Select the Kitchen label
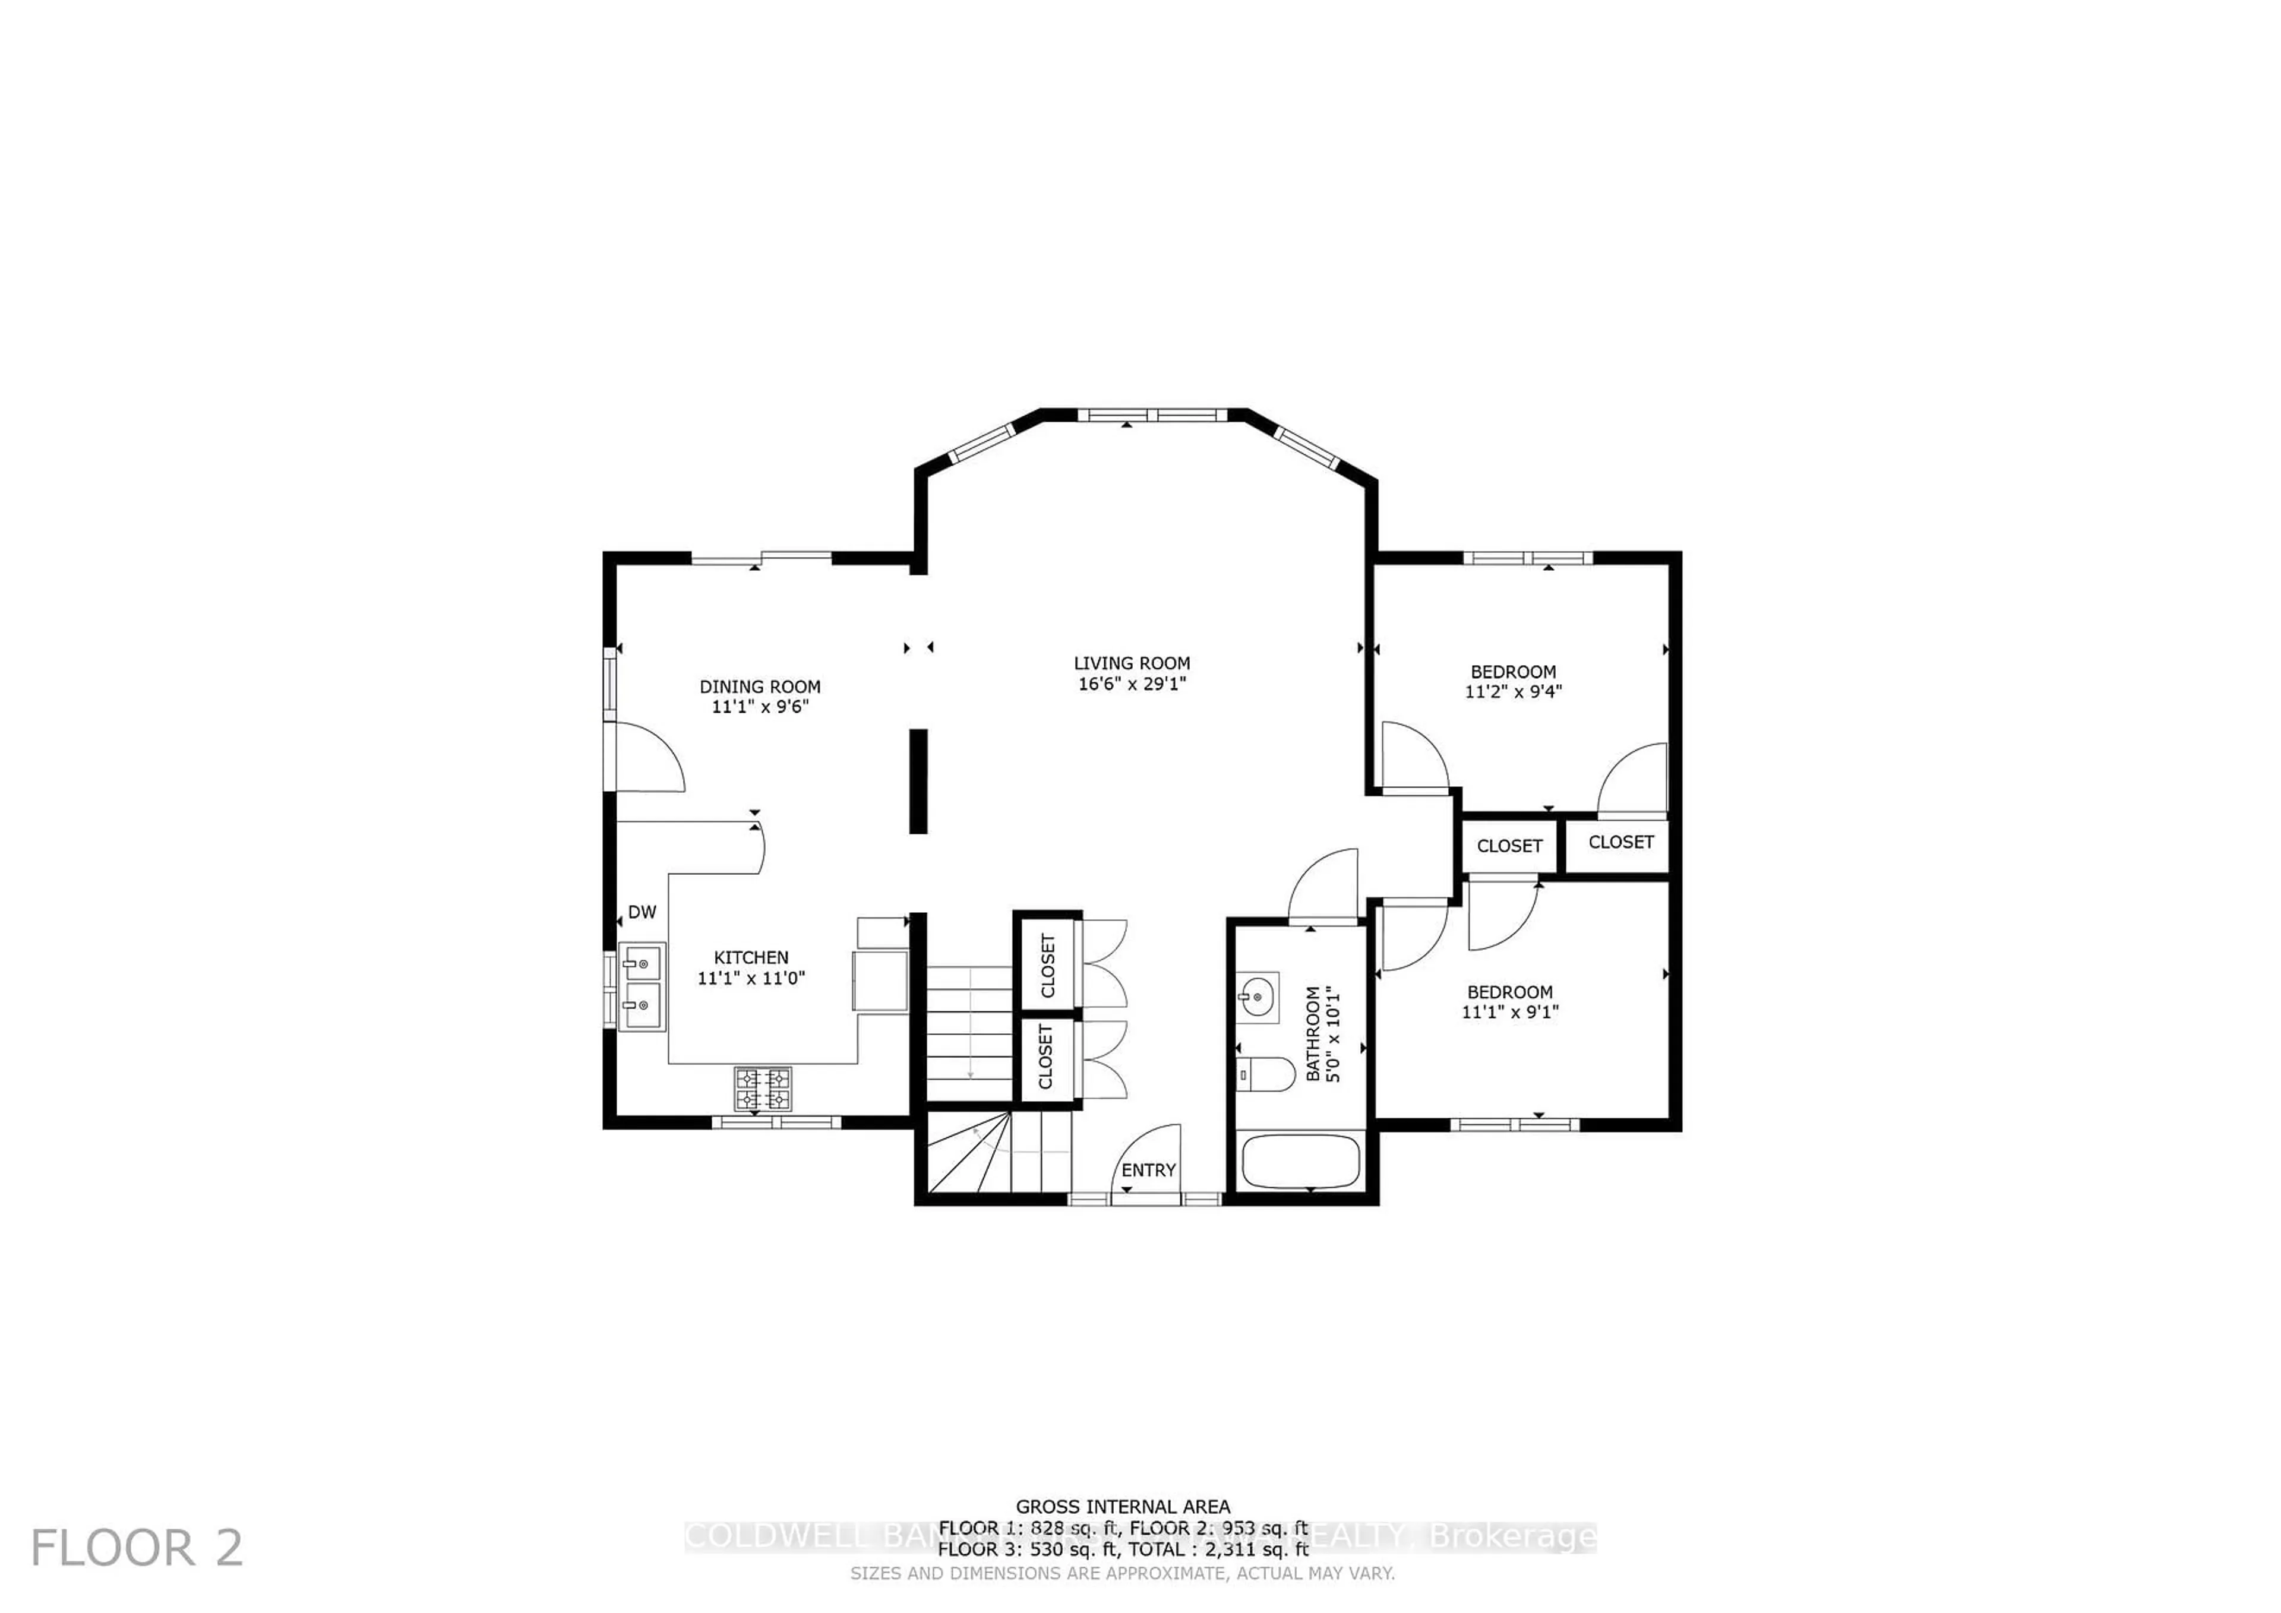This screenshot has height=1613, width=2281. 751,957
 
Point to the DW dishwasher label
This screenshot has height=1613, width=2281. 642,912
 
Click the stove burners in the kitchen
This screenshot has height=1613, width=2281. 763,1089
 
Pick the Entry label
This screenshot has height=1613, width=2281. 1148,1170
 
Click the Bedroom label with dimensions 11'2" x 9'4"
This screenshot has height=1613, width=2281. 1513,672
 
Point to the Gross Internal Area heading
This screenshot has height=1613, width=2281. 1123,1507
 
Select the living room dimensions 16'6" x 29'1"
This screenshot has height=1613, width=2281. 1132,684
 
